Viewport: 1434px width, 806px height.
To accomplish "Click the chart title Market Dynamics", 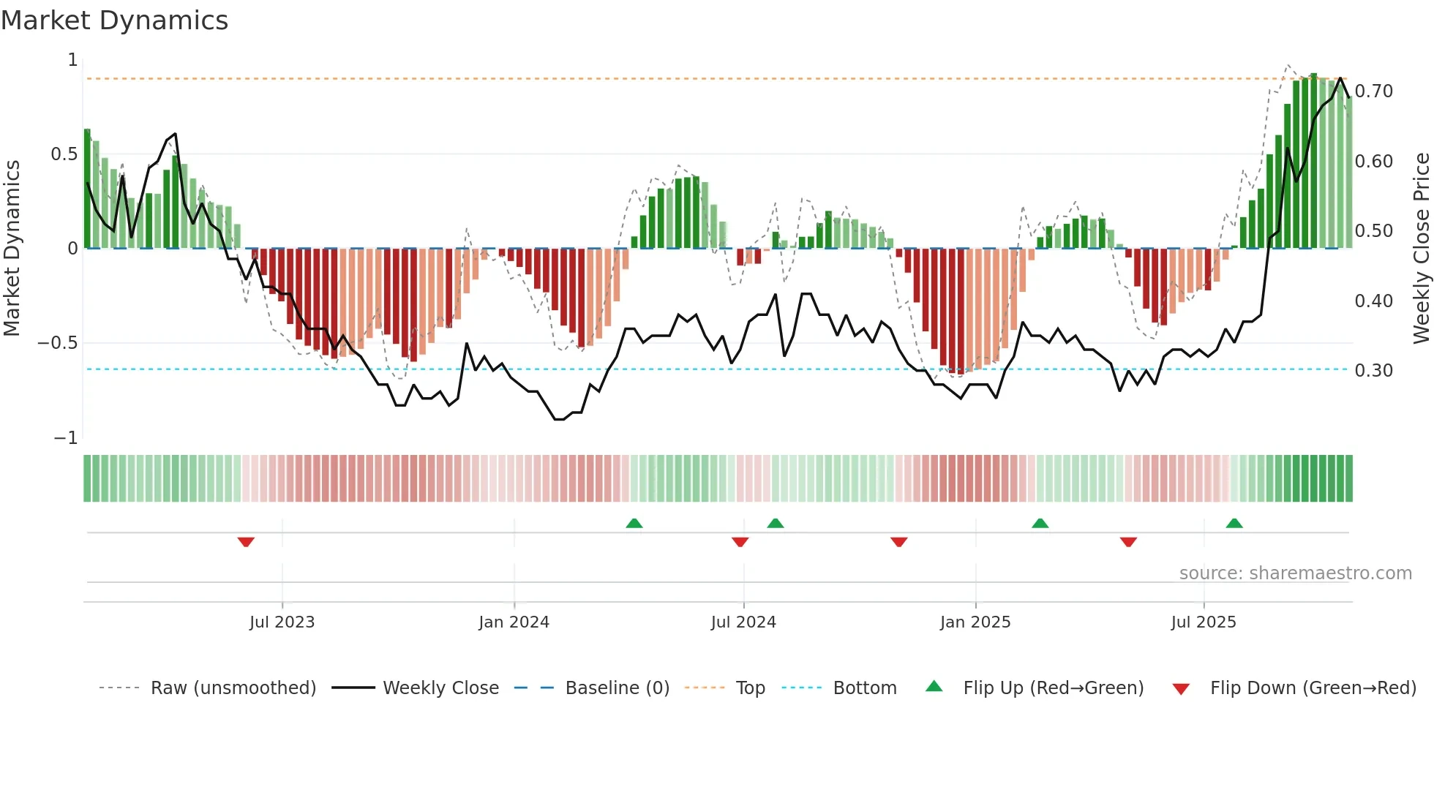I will click(114, 20).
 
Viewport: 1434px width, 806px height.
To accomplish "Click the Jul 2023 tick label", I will click(282, 622).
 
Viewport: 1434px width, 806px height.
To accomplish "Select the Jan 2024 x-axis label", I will click(514, 622).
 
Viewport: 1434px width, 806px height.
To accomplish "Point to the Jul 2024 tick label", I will click(743, 622).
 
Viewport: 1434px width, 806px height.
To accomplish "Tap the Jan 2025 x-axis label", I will click(975, 622).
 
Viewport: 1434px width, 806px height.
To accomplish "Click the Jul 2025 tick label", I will click(1204, 622).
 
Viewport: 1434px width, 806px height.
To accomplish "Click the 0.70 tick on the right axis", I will click(1374, 91).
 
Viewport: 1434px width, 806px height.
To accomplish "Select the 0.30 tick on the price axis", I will click(1374, 371).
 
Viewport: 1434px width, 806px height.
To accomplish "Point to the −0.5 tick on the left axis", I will click(58, 343).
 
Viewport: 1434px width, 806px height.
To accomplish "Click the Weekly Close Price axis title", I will click(1421, 248).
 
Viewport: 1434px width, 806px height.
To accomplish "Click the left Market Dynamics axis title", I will click(12, 248).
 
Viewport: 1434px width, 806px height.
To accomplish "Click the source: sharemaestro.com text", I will click(1295, 573).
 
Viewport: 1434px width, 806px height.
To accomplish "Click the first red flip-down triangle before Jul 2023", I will click(246, 542).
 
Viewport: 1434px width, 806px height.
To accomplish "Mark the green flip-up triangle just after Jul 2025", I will click(1234, 523).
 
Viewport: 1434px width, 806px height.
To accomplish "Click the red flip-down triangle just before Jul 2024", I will click(740, 542).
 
